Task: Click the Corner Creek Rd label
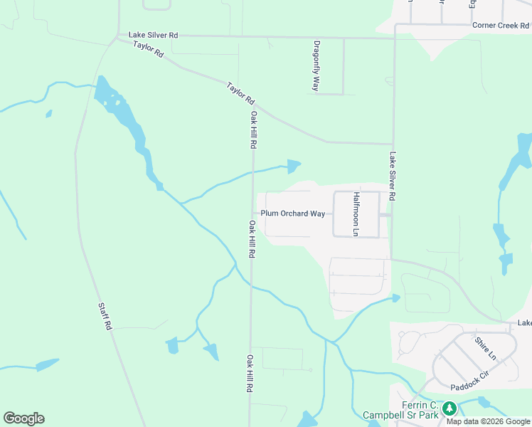(x=501, y=25)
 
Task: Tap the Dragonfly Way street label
(x=316, y=65)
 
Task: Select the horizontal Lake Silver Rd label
(x=153, y=34)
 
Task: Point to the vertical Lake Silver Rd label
(x=392, y=175)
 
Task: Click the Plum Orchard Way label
(x=292, y=213)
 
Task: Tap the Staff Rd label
(x=105, y=315)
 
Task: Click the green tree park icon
(x=449, y=408)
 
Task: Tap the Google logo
(x=23, y=418)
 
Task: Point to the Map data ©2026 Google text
(x=488, y=421)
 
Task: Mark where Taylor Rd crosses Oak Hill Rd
(x=252, y=106)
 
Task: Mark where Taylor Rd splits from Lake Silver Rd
(x=117, y=36)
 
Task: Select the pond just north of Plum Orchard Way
(x=293, y=167)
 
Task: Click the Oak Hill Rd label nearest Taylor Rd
(x=252, y=129)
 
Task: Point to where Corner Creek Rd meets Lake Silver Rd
(x=395, y=25)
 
